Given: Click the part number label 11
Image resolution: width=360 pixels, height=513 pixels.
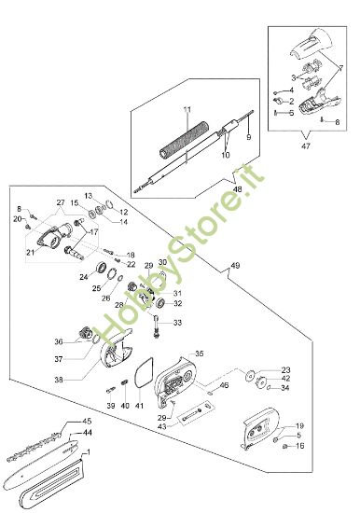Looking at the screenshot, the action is [x=187, y=109].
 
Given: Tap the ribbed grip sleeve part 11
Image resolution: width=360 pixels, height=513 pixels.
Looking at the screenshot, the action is [x=185, y=140].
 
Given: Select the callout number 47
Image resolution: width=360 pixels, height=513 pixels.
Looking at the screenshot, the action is [x=305, y=146].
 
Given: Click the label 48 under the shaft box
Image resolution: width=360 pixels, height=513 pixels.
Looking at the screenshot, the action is [x=237, y=189].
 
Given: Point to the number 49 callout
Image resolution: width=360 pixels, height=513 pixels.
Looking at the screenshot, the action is [x=235, y=265].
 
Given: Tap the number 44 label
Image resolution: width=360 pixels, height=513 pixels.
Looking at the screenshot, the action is [x=87, y=433].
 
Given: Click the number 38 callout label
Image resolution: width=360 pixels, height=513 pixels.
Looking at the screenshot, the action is [x=59, y=380].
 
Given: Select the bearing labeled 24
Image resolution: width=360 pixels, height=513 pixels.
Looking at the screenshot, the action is [x=101, y=268].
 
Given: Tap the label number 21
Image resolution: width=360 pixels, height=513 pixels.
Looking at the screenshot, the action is [x=31, y=252].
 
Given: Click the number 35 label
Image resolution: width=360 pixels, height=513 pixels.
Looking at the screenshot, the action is [x=200, y=354].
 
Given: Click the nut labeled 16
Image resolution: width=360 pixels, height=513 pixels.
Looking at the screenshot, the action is [x=285, y=446].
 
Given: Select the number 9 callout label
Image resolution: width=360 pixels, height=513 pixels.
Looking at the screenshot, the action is [x=248, y=137].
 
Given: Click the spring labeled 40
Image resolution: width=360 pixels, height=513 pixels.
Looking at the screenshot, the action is [x=124, y=381].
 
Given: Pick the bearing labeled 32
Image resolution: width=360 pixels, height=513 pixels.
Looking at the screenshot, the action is [x=160, y=303].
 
